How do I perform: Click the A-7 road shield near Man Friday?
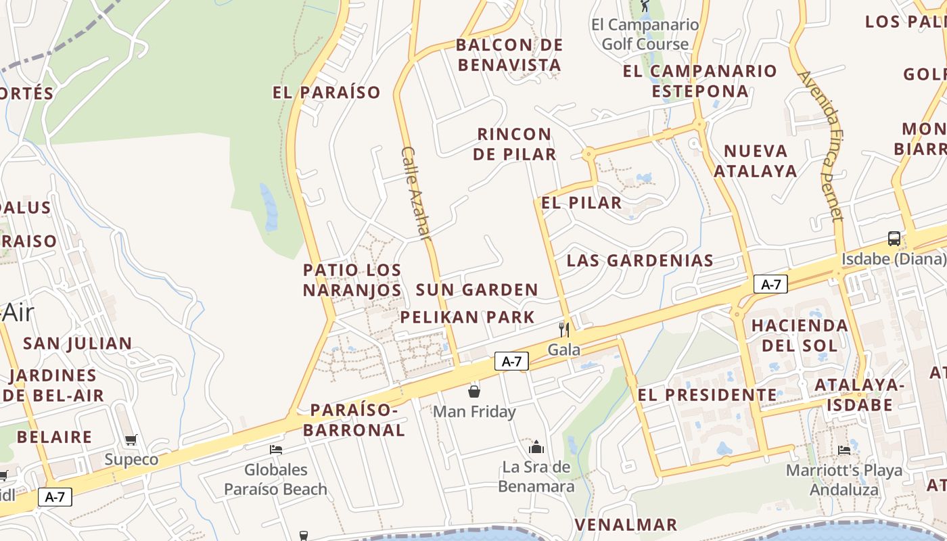[x=511, y=361]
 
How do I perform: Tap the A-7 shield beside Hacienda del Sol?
[x=771, y=285]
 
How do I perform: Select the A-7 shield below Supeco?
[x=55, y=497]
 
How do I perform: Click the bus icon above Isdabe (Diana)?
[x=894, y=238]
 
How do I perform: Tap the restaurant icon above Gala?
[x=563, y=329]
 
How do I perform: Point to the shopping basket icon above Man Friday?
[x=473, y=391]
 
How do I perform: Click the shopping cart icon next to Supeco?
[x=131, y=440]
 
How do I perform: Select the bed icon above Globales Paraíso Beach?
[x=275, y=449]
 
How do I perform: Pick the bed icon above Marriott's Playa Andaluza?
[x=844, y=450]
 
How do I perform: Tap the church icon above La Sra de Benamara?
[x=536, y=446]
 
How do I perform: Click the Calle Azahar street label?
[x=415, y=193]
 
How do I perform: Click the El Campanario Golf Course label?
[x=645, y=34]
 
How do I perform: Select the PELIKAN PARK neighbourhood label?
[x=467, y=316]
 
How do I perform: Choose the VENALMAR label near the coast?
[x=626, y=524]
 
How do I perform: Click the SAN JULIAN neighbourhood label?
[x=78, y=343]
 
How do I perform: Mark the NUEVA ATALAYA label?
[x=756, y=161]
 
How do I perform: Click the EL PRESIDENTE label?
[x=708, y=394]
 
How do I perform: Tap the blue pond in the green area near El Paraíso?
[x=269, y=206]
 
